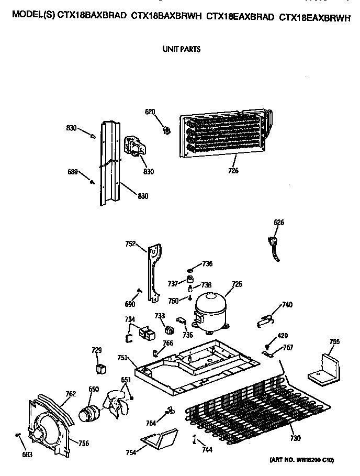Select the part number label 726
point(233,171)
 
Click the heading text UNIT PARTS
point(182,50)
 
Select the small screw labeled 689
point(93,182)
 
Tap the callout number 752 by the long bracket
point(130,243)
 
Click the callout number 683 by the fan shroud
point(27,455)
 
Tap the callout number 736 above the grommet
point(207,263)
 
